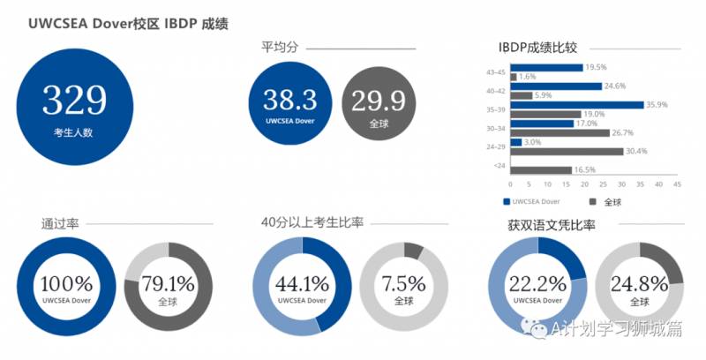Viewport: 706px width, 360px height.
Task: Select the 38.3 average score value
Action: (291, 99)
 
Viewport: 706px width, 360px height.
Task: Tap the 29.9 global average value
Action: (379, 99)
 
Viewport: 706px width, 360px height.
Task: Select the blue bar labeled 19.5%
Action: (546, 67)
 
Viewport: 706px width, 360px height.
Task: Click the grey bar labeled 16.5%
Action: (541, 169)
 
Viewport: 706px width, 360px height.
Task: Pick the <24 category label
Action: (499, 166)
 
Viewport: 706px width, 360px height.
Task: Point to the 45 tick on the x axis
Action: (677, 185)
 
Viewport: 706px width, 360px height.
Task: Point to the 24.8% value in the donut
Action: (640, 283)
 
